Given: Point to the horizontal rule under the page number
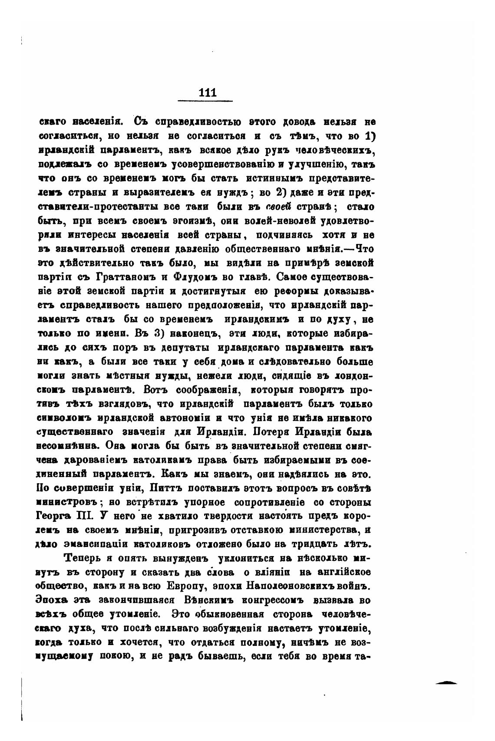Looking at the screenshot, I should pyautogui.click(x=205, y=101).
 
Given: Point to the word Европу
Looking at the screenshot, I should pyautogui.click(x=185, y=586).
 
